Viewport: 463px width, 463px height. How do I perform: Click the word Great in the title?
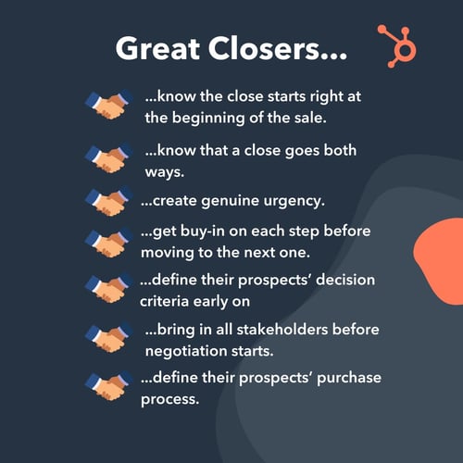click(158, 49)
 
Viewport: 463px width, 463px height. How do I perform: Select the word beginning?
click(210, 118)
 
